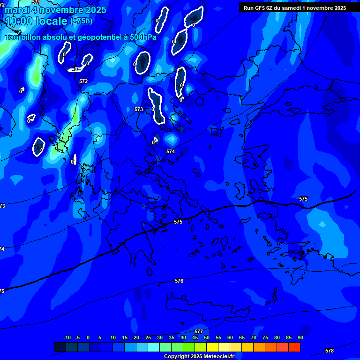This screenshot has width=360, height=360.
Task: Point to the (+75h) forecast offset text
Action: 81,21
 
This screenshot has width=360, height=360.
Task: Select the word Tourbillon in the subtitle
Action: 23,37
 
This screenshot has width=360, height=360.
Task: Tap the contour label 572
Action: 83,81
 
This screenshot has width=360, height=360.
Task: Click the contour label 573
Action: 139,109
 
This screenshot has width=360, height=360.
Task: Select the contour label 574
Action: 171,151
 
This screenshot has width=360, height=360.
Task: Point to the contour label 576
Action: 179,281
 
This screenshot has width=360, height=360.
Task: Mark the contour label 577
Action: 199,331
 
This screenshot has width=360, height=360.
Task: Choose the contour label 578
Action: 330,351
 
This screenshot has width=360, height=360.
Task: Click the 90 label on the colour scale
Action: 300,337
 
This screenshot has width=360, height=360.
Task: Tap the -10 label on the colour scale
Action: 67,337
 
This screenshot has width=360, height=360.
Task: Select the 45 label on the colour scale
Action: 195,337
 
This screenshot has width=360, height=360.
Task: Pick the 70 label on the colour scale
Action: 253,337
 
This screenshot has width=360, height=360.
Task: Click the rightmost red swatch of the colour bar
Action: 294,347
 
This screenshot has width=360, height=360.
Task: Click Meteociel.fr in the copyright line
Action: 218,357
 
